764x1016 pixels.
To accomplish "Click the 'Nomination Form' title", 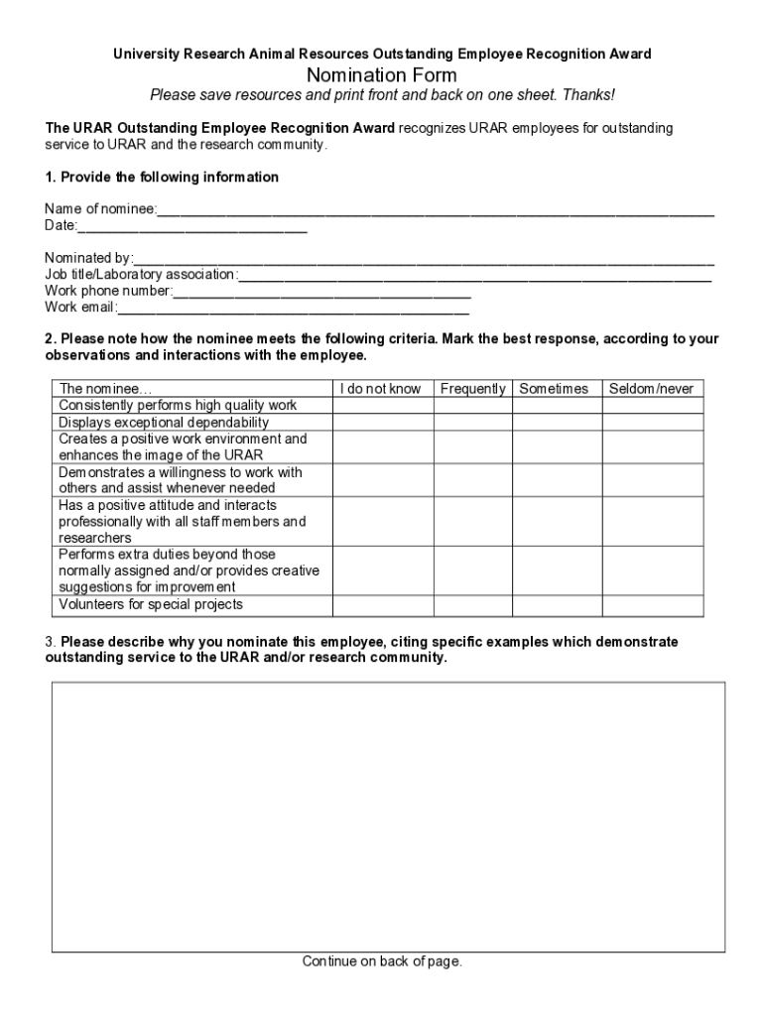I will tap(382, 75).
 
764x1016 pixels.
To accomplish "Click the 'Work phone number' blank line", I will tap(321, 292).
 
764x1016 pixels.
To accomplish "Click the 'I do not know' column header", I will tap(382, 389).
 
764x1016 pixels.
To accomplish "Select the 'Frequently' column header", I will tap(472, 389).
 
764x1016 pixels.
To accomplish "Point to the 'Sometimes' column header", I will tap(554, 389).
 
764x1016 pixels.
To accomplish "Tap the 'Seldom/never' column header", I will tap(651, 389).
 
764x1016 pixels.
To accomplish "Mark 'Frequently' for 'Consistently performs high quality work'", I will tap(472, 406).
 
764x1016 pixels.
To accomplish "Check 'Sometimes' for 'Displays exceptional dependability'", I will tap(557, 423).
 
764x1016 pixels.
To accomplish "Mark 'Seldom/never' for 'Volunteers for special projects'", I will tap(652, 605).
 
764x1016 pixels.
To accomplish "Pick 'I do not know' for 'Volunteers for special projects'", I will tap(382, 605).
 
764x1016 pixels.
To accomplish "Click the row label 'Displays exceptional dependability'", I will tap(164, 423).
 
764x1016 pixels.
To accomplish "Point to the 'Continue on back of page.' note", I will tap(382, 961).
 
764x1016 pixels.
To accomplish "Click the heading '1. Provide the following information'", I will tap(162, 177).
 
